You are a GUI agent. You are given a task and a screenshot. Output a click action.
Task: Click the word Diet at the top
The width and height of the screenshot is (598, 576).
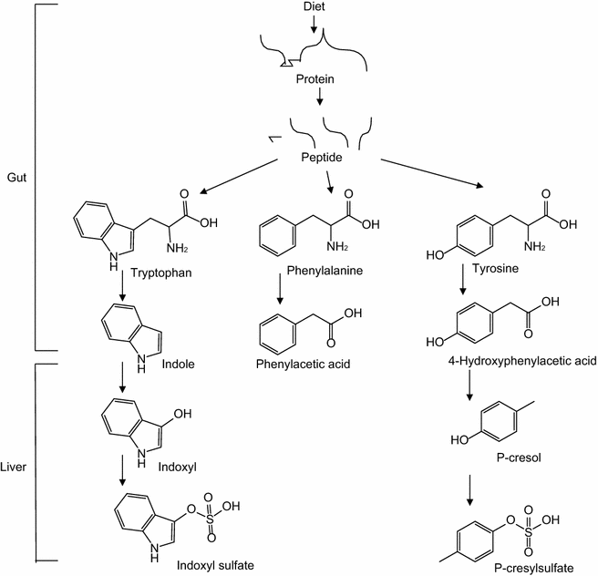(x=314, y=7)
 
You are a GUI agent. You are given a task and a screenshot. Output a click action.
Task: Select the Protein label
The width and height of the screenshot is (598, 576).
(x=314, y=79)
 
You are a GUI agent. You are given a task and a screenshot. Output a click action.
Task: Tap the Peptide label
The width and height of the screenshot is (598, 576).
(x=322, y=158)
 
